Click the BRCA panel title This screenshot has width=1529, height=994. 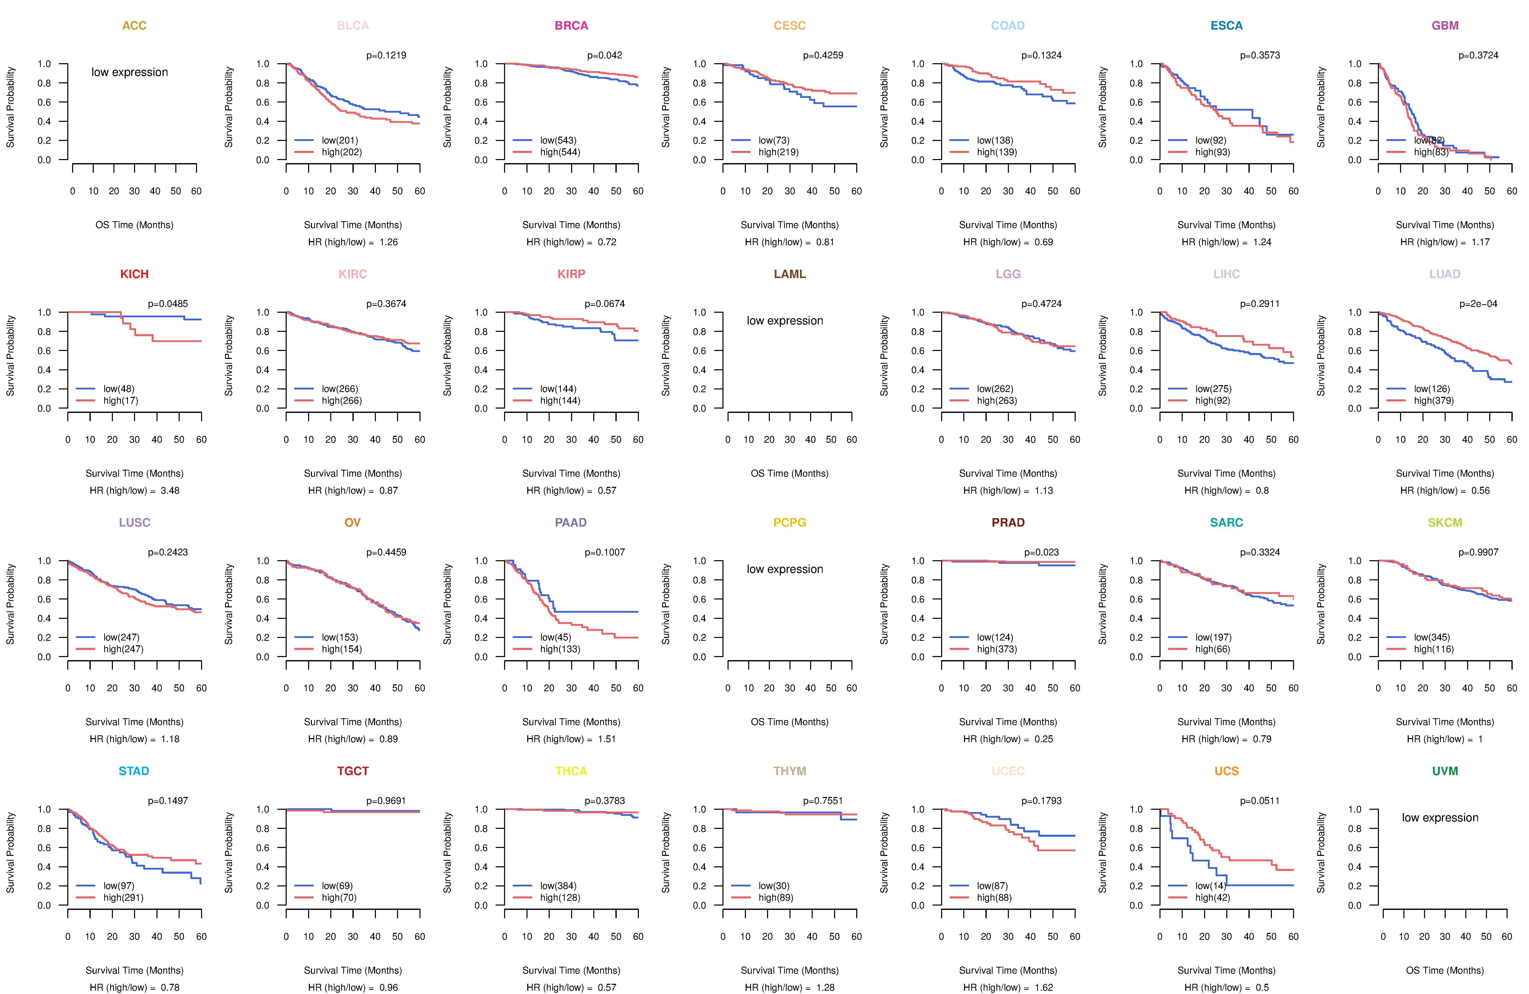[x=571, y=26]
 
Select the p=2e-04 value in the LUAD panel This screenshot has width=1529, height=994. [x=1478, y=304]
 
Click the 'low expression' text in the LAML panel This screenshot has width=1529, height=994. [x=784, y=321]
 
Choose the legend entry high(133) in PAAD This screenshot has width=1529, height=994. [x=560, y=649]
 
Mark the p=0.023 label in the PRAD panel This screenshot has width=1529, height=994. [x=1042, y=553]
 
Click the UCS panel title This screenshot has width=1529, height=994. [x=1227, y=771]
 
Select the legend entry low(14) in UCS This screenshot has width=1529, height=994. [x=1210, y=885]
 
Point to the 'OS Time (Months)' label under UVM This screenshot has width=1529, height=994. [x=1445, y=970]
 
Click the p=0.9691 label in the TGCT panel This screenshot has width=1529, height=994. [x=386, y=801]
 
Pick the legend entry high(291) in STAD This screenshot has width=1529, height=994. [x=123, y=898]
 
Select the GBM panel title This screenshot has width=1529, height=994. [x=1445, y=26]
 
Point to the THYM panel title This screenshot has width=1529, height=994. [x=789, y=771]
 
